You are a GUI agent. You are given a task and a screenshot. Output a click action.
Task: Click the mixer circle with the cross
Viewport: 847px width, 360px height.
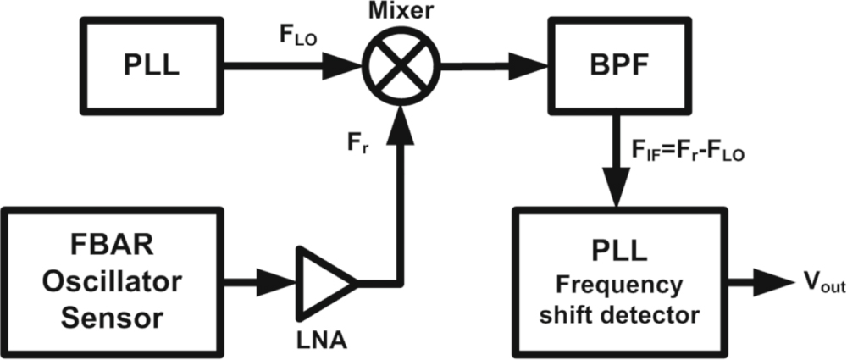click(397, 65)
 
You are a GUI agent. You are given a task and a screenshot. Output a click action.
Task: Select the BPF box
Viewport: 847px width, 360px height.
click(615, 65)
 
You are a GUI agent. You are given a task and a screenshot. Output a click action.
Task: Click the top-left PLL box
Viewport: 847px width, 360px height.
click(144, 65)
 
